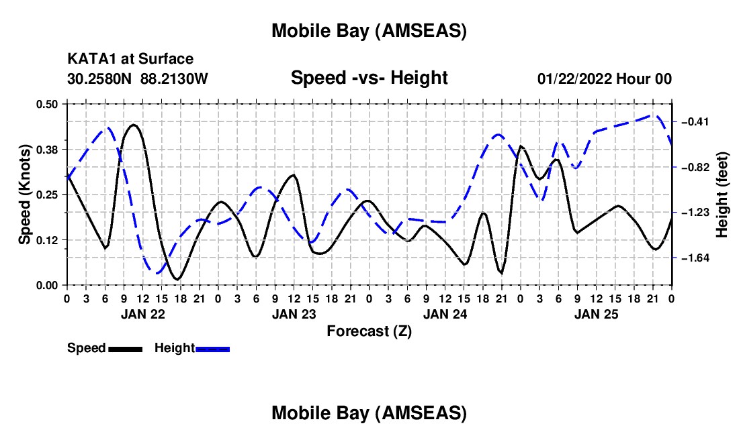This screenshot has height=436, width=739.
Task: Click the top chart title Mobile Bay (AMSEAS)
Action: click(x=369, y=31)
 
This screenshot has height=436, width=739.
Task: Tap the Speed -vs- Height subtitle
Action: click(x=369, y=78)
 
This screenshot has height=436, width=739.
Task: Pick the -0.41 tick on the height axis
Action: click(x=695, y=121)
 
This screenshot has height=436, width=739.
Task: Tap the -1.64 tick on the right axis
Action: click(x=695, y=258)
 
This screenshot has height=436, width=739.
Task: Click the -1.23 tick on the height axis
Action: click(x=695, y=212)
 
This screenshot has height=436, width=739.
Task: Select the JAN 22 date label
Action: click(x=142, y=313)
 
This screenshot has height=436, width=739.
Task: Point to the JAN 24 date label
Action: click(x=445, y=313)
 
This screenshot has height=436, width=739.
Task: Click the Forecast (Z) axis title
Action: click(x=369, y=331)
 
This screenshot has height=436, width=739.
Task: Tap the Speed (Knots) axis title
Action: click(x=25, y=194)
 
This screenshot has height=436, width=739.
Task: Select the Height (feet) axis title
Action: click(x=723, y=194)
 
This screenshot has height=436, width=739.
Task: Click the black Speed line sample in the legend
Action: click(x=125, y=349)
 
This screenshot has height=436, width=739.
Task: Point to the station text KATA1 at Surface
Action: click(x=130, y=60)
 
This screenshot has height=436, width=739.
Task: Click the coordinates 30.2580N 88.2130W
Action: click(x=138, y=78)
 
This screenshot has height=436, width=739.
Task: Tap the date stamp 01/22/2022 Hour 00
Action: click(x=605, y=78)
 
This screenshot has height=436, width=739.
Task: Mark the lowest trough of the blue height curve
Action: click(x=157, y=273)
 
